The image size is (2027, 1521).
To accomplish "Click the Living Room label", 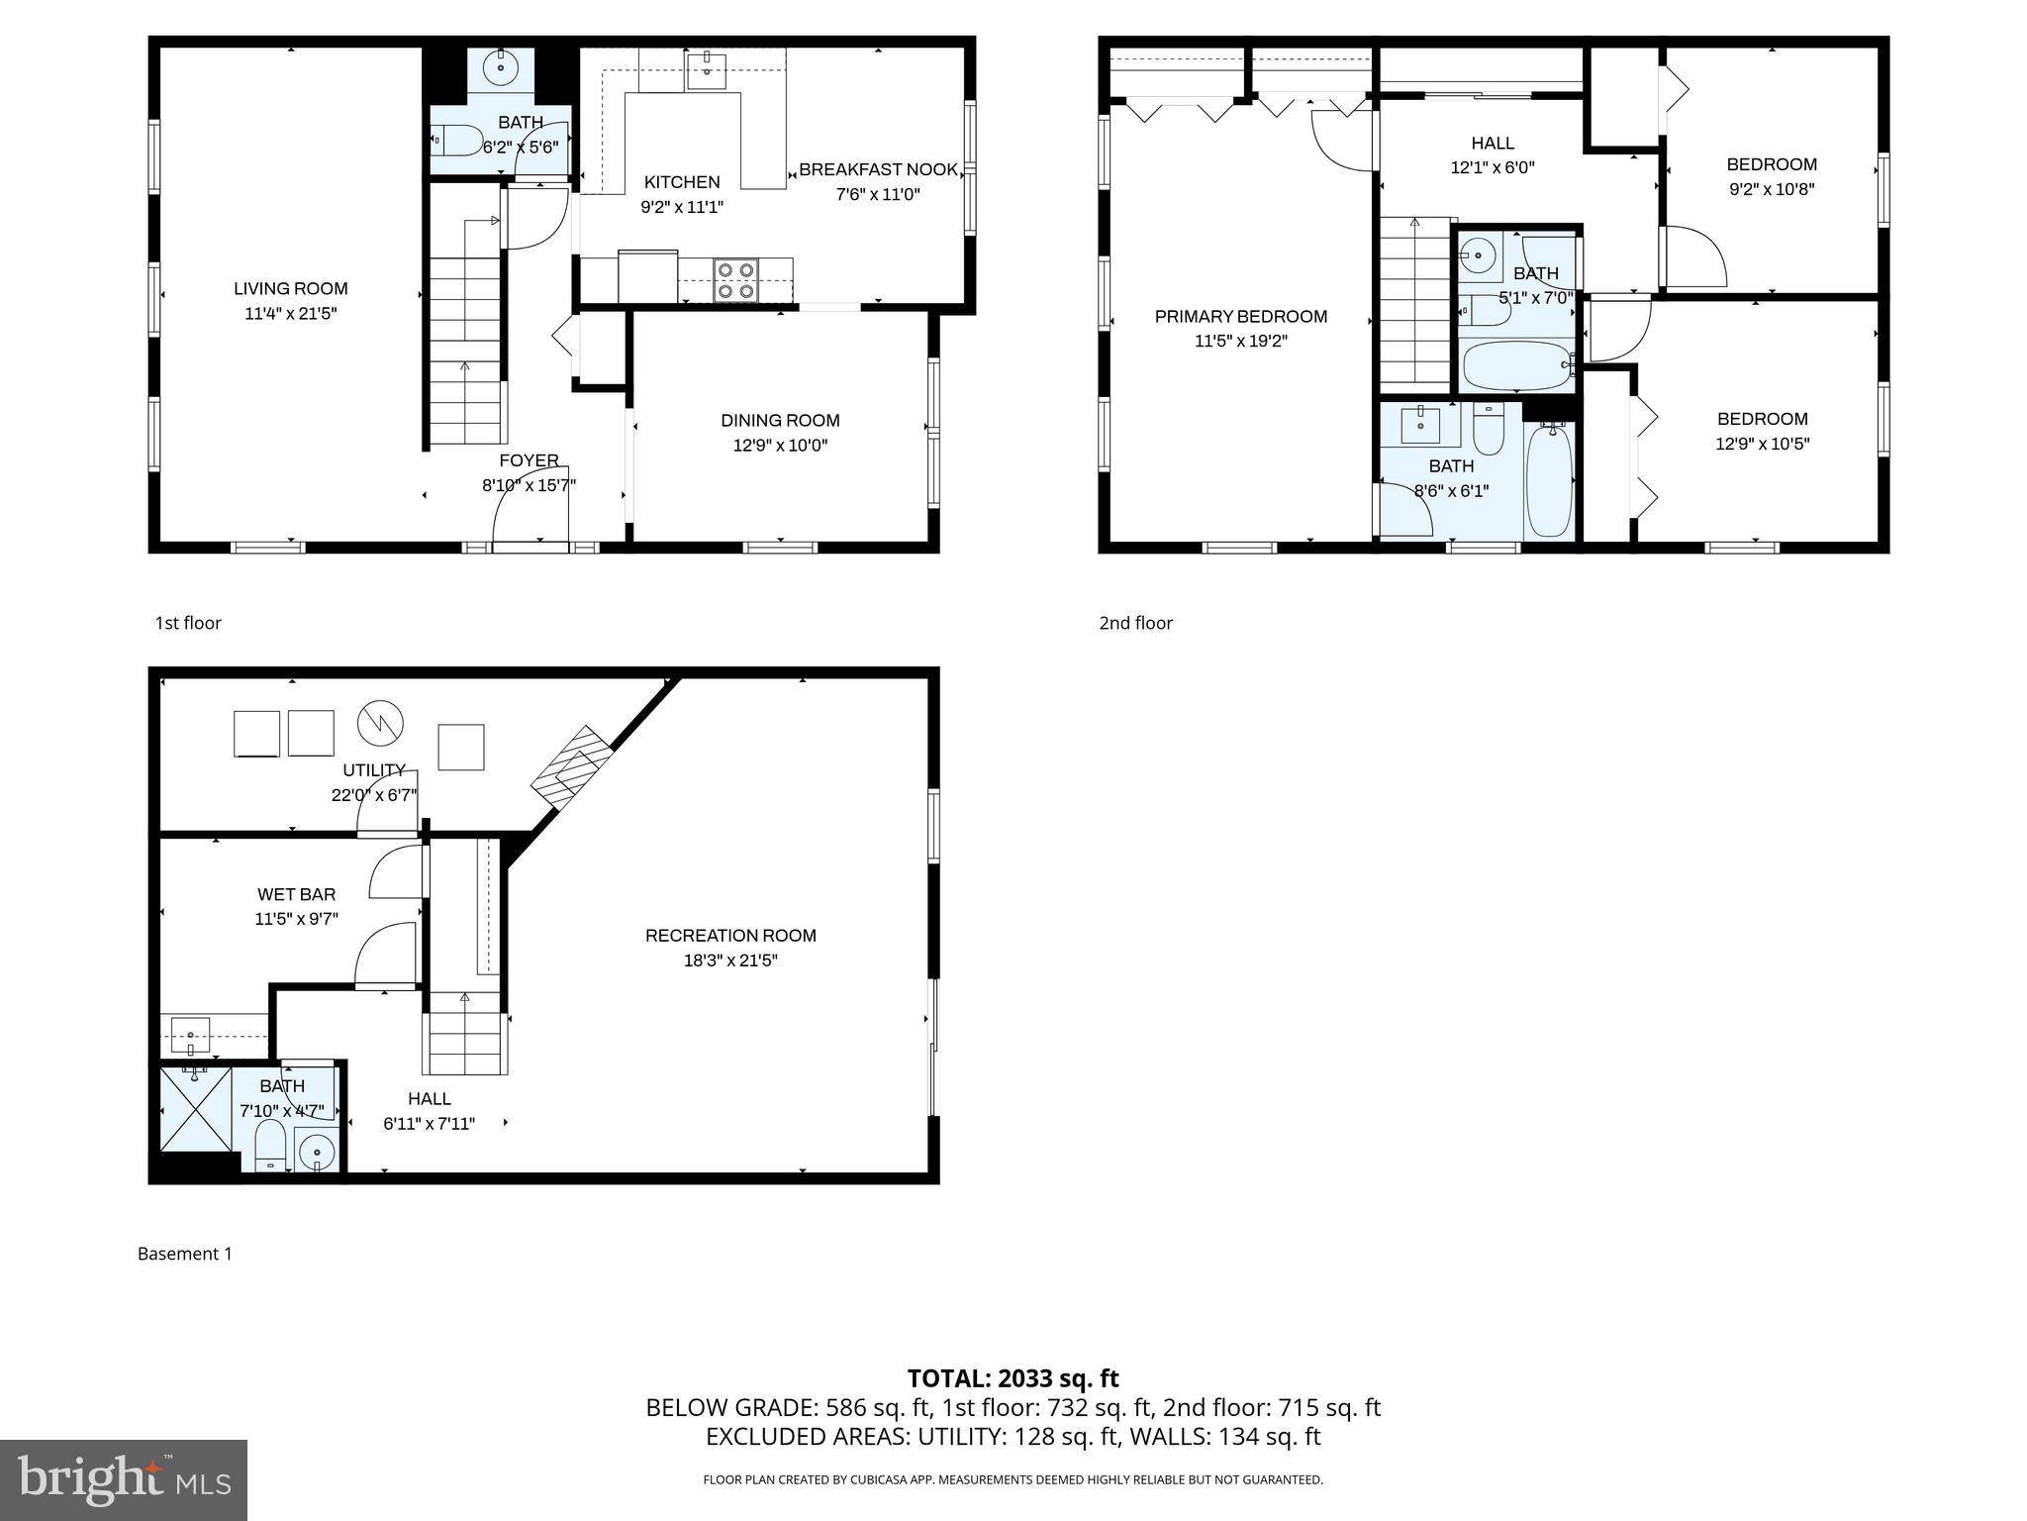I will pos(290,289).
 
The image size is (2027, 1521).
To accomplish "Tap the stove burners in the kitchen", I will pos(735,279).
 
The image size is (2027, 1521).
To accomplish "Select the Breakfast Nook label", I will pos(878,169).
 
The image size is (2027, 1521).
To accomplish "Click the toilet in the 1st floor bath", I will pos(457,141).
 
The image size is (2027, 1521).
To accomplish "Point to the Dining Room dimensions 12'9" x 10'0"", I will pos(780,446).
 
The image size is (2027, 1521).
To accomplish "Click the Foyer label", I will pos(529,460).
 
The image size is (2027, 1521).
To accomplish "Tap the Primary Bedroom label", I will pos(1240,317).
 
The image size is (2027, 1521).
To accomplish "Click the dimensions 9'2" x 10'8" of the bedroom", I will pos(1771,189).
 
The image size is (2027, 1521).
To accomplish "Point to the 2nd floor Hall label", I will pos(1492,144).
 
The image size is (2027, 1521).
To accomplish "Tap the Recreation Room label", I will pos(730,936).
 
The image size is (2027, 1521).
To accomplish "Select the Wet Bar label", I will pos(296,894).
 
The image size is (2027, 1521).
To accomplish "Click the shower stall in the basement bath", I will pos(196,1107).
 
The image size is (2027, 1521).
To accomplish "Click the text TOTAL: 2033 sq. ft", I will pos(1013,1378).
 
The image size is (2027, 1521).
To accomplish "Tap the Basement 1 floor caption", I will pos(185,1254).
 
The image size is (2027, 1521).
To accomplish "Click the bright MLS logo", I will pos(124,1479).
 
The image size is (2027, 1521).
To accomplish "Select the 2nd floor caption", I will pos(1135,623).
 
